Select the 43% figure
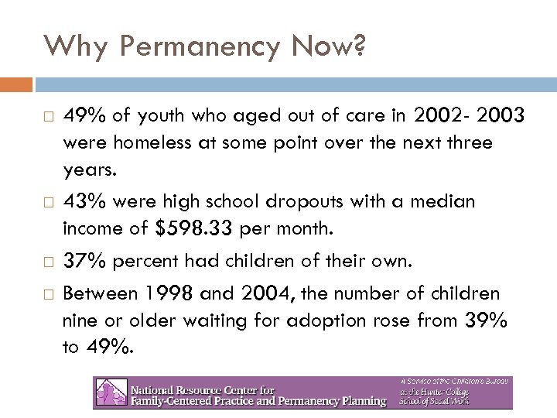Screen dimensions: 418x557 click(84, 202)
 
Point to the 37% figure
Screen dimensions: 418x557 click(84, 261)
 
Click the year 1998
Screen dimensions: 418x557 click(168, 293)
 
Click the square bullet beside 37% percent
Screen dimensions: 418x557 click(47, 262)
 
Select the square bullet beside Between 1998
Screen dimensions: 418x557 click(47, 295)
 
